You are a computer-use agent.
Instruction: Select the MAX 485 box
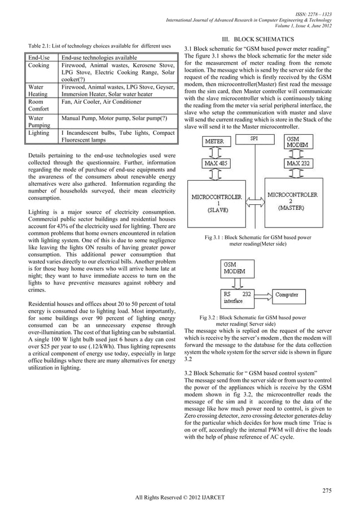point(216,164)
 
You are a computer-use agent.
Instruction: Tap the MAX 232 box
point(300,164)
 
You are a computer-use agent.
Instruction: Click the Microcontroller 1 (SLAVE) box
point(217,203)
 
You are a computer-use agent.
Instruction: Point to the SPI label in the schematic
point(255,138)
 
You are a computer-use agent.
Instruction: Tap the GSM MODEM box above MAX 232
point(297,142)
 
